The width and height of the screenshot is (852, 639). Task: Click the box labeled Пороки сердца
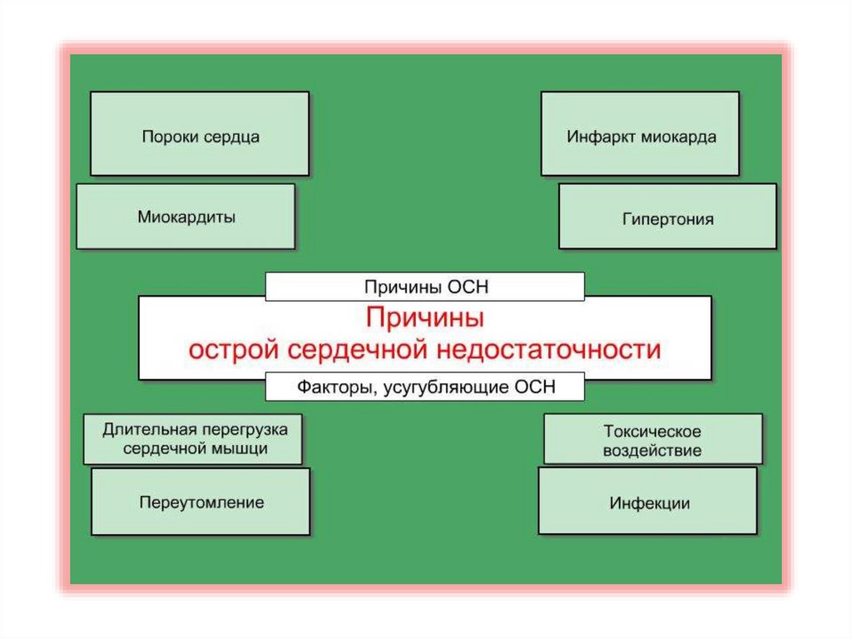click(200, 134)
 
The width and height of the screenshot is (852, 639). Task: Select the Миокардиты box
click(186, 217)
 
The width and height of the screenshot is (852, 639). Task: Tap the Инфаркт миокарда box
click(641, 134)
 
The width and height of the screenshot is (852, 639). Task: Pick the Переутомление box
click(201, 502)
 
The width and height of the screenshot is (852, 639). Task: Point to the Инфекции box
click(648, 502)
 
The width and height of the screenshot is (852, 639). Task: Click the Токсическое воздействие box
click(652, 441)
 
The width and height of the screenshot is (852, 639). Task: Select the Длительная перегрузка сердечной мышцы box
click(194, 439)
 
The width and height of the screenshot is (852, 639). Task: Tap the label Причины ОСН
click(425, 287)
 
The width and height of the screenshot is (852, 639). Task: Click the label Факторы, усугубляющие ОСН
click(425, 387)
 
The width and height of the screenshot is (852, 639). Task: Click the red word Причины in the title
click(424, 318)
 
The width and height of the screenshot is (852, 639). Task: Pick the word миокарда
click(678, 135)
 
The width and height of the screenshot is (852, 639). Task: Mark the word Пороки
click(168, 135)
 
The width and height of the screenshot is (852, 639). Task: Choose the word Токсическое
click(652, 432)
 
